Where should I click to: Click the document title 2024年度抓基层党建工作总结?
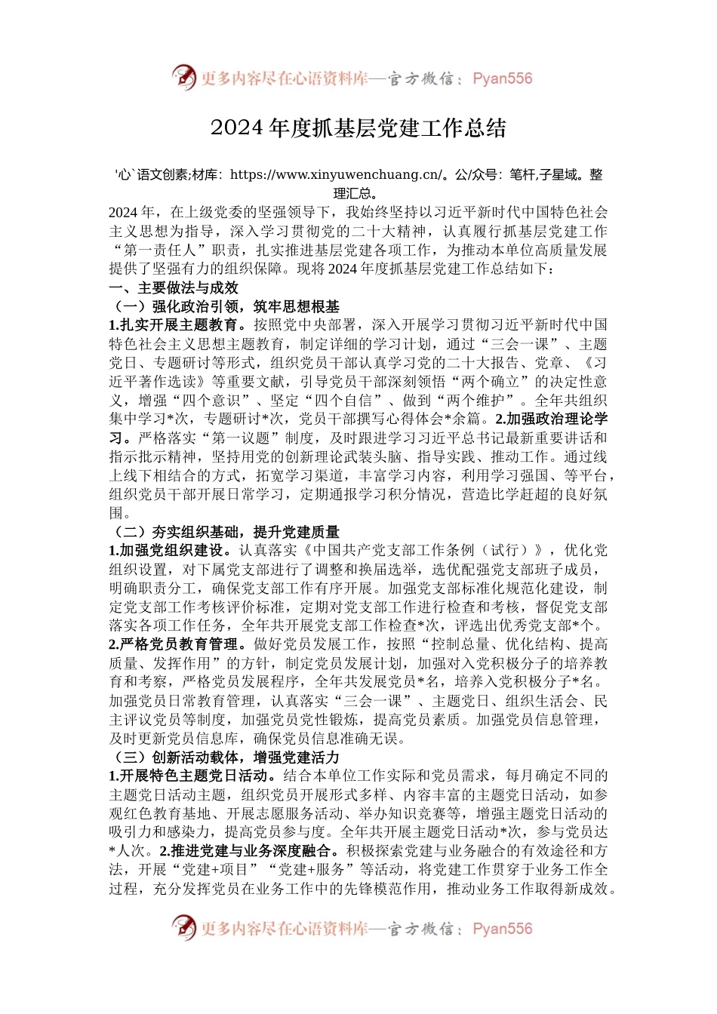[358, 128]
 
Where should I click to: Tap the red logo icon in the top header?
[183, 77]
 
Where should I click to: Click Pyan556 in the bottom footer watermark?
[502, 929]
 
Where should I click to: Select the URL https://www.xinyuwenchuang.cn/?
[337, 175]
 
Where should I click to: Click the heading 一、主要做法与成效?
[174, 287]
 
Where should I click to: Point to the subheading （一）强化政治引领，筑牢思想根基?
[224, 306]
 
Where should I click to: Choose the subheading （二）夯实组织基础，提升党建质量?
[224, 532]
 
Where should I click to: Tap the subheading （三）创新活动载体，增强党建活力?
[224, 757]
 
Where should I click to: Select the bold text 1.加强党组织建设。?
[174, 551]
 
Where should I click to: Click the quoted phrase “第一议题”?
[239, 438]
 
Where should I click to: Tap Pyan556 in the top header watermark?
[502, 78]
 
